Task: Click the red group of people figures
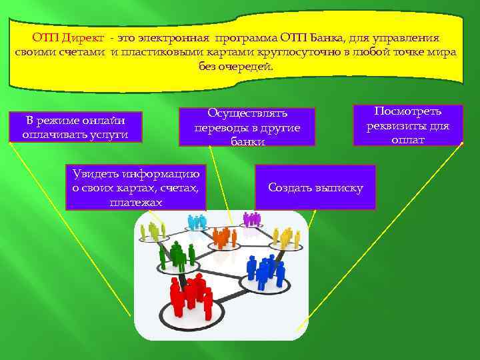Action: tap(191, 296)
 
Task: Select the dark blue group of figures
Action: tap(266, 270)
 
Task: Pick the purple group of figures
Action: tap(251, 218)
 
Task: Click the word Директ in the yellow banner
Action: tap(81, 38)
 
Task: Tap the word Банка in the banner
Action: tap(332, 38)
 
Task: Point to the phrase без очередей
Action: tap(236, 67)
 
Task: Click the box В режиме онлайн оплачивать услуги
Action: tap(76, 127)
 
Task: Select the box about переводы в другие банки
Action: tap(246, 127)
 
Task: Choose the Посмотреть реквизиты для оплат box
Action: tap(408, 125)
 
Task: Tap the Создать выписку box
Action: tap(315, 187)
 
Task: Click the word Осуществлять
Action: tap(247, 114)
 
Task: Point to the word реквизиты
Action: tap(398, 125)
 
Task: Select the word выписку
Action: tap(340, 187)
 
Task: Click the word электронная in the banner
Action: tap(173, 38)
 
